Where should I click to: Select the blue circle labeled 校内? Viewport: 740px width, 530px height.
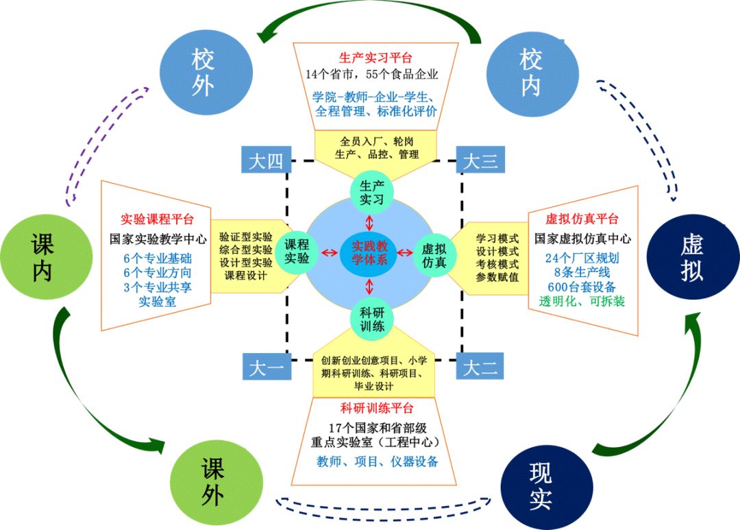[x=529, y=71]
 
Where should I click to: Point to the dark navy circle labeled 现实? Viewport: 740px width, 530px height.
[x=539, y=485]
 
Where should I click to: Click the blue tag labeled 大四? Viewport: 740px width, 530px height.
[x=265, y=162]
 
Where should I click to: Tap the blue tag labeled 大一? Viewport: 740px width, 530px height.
[x=265, y=368]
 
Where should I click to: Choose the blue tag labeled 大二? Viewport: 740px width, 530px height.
[x=480, y=368]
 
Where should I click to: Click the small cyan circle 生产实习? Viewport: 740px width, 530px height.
[x=371, y=193]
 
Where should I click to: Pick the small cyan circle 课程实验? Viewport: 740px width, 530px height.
[x=297, y=250]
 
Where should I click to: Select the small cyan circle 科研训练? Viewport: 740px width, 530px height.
[x=371, y=318]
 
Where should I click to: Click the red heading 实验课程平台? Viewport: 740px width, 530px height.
[x=157, y=220]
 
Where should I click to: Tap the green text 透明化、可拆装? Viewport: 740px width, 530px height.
[x=582, y=301]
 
